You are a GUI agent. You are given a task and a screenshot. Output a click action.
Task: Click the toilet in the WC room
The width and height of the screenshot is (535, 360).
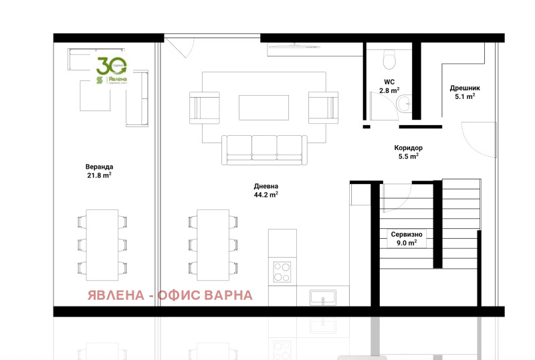(x=388, y=61)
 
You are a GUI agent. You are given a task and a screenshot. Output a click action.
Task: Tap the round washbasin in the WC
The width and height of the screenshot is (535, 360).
(x=404, y=103)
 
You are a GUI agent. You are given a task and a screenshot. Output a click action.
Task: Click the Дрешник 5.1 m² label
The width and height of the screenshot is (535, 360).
(x=461, y=92)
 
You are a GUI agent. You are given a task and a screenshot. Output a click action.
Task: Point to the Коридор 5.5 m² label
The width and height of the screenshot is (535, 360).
(x=408, y=152)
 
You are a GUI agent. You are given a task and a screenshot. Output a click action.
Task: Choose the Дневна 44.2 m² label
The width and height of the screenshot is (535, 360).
(x=265, y=191)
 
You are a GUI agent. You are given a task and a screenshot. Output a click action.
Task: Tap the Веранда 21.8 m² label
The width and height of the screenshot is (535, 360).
(x=99, y=171)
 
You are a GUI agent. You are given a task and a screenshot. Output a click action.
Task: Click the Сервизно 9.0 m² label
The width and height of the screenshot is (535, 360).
(x=407, y=239)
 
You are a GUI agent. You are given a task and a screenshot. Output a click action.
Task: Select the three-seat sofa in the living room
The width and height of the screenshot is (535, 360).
(x=264, y=150)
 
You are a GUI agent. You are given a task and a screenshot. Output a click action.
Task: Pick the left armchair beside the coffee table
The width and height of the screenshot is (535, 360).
(x=205, y=106)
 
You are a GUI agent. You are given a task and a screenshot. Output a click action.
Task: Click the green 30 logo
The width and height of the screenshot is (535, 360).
(x=111, y=70)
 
